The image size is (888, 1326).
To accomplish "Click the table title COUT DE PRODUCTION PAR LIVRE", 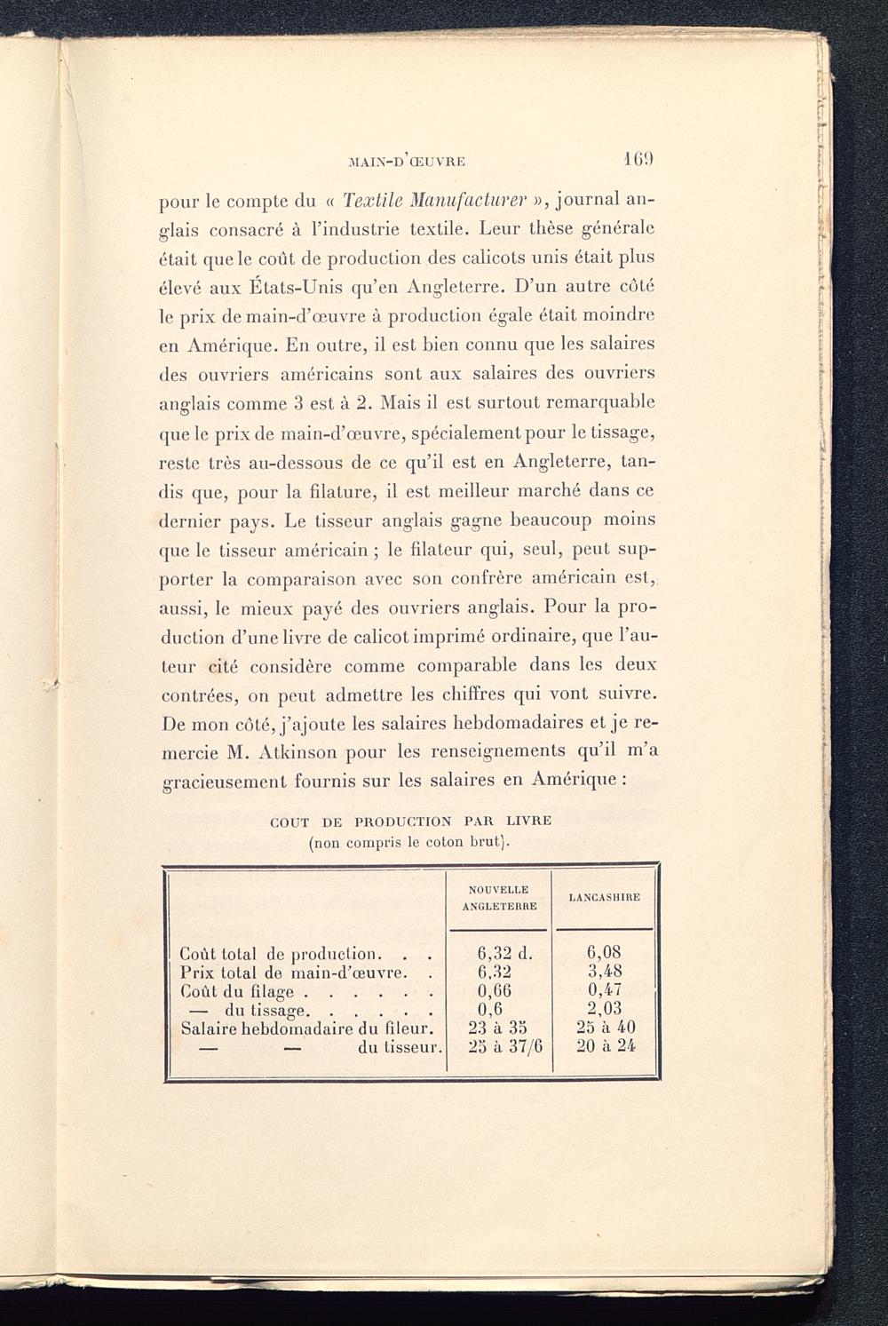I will point(410,822).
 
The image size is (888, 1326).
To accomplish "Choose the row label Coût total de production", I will point(281,953).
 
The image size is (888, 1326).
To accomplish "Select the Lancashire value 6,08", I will point(605,953).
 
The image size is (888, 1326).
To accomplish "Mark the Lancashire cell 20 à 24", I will point(606,1045).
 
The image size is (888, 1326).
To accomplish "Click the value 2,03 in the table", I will point(605,1008).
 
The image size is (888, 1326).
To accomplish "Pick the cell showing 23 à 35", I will point(496,1028).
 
